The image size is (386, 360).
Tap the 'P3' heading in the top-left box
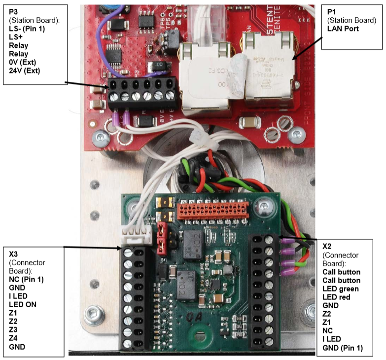point(13,11)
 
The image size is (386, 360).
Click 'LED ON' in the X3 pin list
point(22,305)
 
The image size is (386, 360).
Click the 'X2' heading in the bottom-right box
point(327,246)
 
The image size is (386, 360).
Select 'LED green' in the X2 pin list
point(340,288)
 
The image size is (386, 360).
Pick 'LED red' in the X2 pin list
point(337,296)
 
